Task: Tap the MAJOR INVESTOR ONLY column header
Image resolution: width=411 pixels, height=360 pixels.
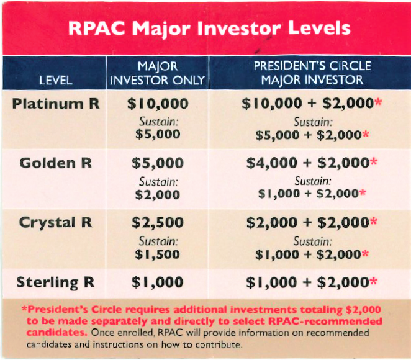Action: (158, 73)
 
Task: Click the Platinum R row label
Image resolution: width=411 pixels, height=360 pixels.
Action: (55, 104)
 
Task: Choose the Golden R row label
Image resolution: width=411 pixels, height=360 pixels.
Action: (55, 163)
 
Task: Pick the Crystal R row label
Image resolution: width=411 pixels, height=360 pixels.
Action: (55, 222)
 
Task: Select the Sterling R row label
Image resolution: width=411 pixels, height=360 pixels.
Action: (55, 282)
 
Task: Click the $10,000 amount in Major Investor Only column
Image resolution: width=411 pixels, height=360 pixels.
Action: (158, 104)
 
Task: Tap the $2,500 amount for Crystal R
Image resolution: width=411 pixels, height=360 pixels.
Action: (158, 222)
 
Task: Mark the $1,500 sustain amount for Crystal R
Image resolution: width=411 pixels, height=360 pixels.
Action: (158, 254)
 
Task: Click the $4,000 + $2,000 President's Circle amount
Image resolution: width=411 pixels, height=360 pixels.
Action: (307, 163)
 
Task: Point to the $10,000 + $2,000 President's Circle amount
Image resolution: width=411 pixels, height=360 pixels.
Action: (307, 104)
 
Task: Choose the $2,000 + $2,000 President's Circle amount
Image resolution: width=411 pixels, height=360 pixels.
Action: (307, 222)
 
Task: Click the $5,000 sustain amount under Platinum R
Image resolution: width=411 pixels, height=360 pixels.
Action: (158, 134)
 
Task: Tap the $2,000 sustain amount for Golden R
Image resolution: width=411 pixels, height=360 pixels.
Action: (158, 195)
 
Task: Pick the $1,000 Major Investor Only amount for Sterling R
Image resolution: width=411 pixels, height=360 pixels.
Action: (158, 282)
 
